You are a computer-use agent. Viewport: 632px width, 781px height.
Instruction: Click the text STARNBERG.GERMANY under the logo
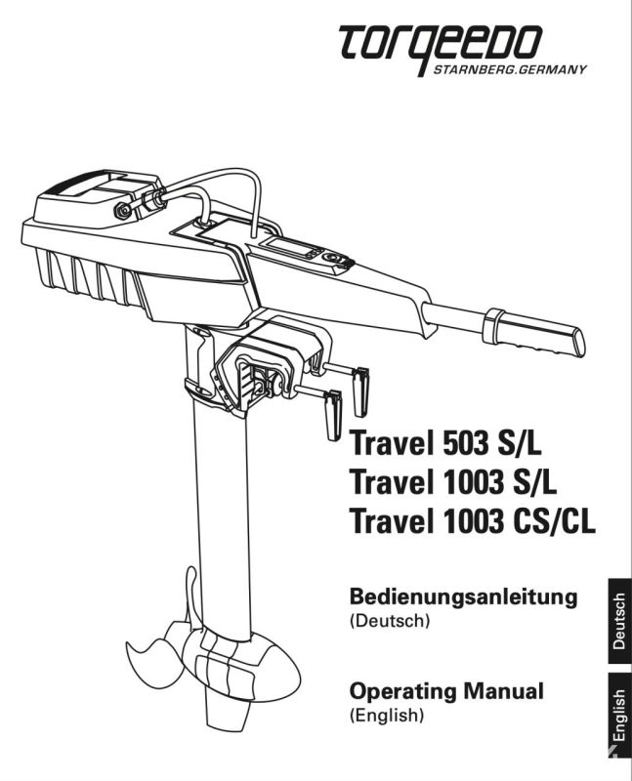coord(510,69)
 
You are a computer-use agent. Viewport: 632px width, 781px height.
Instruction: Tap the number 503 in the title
coord(458,443)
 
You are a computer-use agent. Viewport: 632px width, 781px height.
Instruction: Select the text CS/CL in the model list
coord(554,521)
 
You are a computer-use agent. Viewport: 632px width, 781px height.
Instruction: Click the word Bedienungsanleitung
coord(464,597)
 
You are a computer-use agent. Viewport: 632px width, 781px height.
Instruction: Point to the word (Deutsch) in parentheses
coord(390,621)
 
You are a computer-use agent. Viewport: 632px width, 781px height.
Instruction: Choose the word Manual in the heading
coord(503,691)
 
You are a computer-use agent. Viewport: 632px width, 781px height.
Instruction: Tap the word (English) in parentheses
coord(387,716)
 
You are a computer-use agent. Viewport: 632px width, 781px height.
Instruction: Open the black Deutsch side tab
coord(619,621)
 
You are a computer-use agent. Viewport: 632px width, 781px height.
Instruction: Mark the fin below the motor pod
coord(226,713)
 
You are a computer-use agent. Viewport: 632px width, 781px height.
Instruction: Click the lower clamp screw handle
coord(333,414)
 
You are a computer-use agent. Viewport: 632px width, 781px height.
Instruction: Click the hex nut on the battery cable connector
coord(123,210)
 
